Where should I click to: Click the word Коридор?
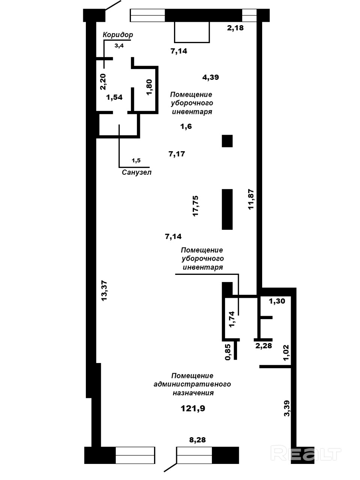click(x=118, y=35)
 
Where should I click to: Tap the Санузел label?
click(x=136, y=172)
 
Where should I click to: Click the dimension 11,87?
click(x=251, y=199)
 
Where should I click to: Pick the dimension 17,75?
click(x=195, y=206)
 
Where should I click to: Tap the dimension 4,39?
click(x=210, y=77)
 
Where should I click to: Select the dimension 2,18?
click(x=235, y=28)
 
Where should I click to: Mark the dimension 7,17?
click(x=177, y=154)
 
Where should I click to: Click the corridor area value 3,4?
click(x=119, y=46)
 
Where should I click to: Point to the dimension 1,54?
click(x=114, y=97)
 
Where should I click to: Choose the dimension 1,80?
click(x=150, y=87)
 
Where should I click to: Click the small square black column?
click(x=227, y=141)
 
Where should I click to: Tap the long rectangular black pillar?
click(x=227, y=209)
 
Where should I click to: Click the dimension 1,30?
click(x=277, y=301)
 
